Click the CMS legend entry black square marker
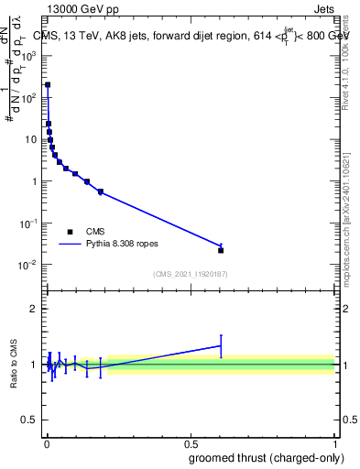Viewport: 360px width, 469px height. point(70,231)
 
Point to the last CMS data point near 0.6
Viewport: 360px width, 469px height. point(221,250)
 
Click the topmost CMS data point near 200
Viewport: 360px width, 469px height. point(48,84)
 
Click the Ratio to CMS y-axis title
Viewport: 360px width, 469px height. point(15,364)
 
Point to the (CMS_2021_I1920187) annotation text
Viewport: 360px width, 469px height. point(190,273)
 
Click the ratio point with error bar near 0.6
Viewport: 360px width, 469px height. point(221,345)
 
